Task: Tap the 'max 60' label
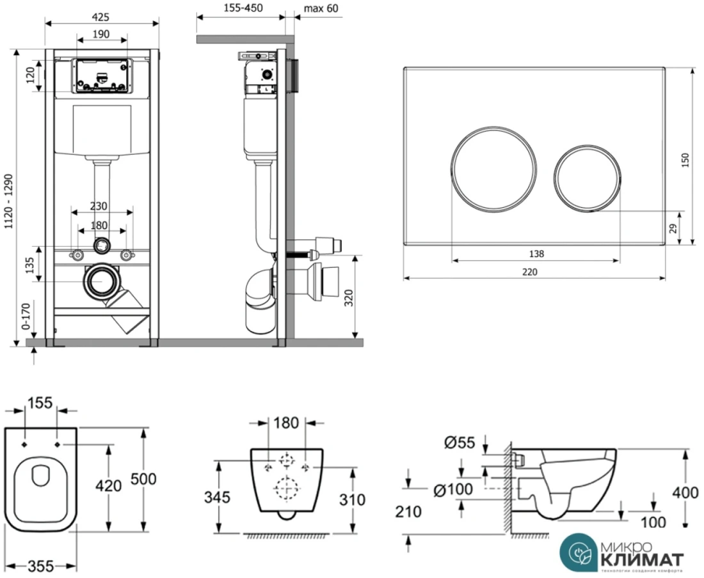pyautogui.click(x=321, y=8)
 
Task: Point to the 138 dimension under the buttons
pyautogui.click(x=536, y=254)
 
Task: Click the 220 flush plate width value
pyautogui.click(x=530, y=272)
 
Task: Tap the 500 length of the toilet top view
pyautogui.click(x=143, y=478)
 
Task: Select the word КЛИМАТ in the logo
pyautogui.click(x=642, y=559)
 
